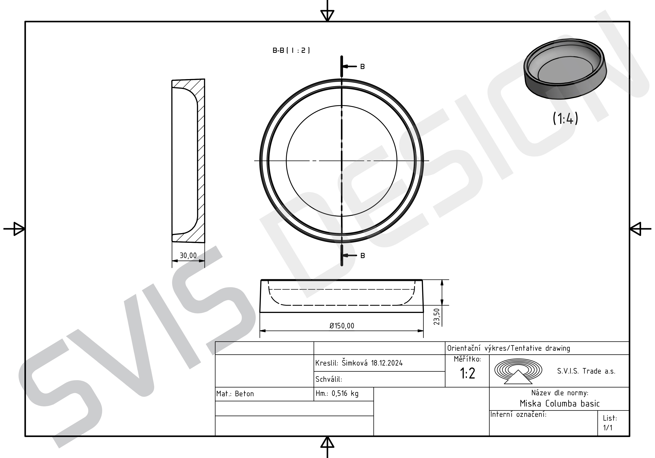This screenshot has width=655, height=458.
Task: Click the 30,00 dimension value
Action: click(188, 255)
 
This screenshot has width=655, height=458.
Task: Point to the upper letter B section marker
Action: click(363, 67)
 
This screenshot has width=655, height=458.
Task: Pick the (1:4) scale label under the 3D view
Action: click(565, 118)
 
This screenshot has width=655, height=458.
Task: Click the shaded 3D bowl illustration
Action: click(565, 69)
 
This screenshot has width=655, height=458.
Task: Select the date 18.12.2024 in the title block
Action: click(387, 363)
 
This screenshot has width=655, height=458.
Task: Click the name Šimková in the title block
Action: click(355, 363)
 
